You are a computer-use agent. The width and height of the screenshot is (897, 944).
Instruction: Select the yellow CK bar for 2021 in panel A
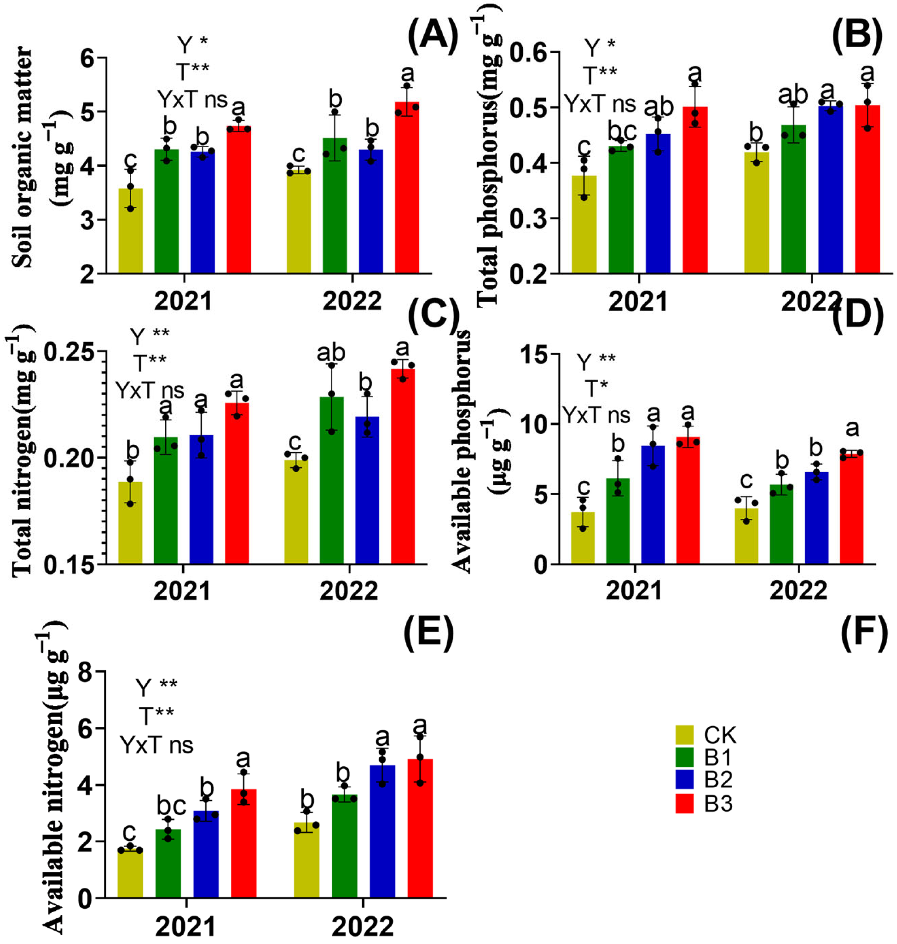[x=130, y=231]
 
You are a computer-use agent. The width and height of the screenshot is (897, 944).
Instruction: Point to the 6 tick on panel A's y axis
[x=90, y=58]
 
